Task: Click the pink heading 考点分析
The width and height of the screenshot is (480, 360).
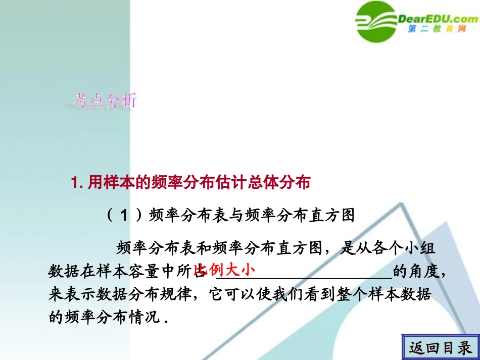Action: [104, 101]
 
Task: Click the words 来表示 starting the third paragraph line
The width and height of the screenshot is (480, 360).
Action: [68, 295]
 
